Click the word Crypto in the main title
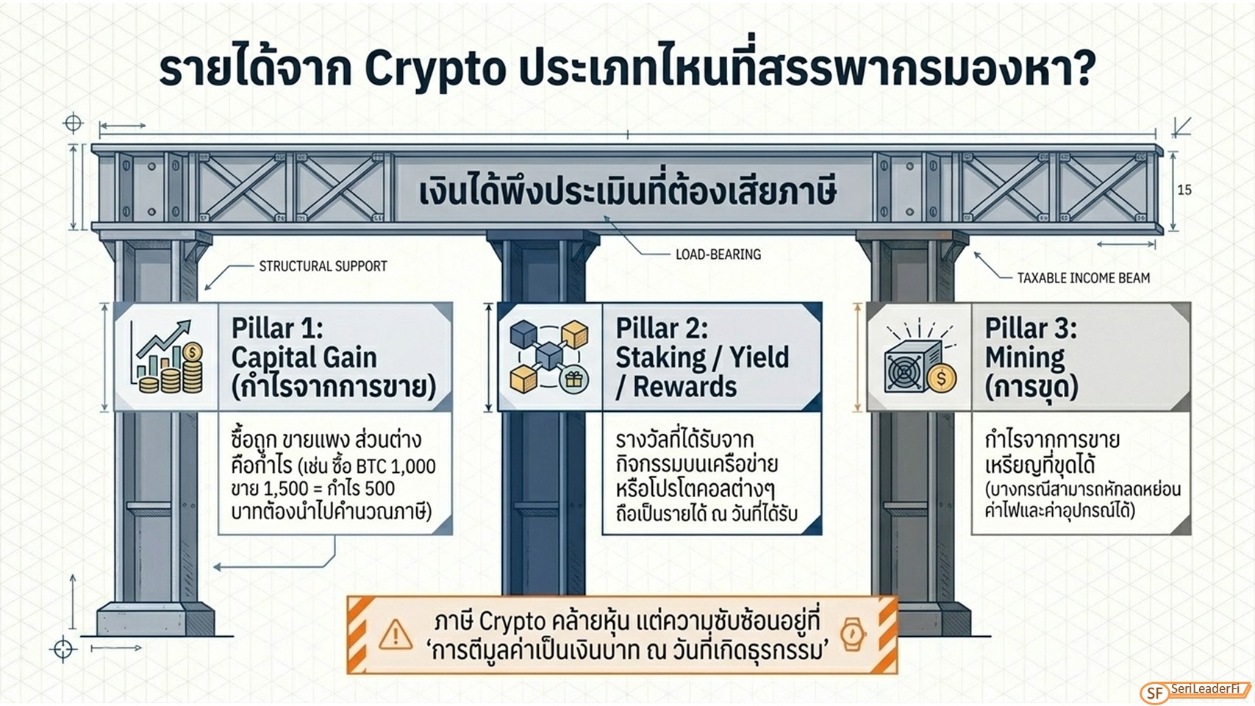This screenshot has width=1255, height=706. [435, 71]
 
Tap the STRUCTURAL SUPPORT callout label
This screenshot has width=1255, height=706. [323, 266]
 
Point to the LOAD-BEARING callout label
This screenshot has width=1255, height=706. [718, 254]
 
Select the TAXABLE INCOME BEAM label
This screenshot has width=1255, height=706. [1083, 278]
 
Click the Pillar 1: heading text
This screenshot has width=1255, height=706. [277, 328]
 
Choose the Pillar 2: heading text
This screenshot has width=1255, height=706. [662, 328]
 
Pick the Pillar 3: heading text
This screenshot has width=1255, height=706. [1031, 328]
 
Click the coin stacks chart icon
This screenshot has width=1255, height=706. [168, 357]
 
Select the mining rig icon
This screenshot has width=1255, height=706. [920, 359]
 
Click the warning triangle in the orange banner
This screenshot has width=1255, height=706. [396, 635]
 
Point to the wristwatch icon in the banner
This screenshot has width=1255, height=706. [853, 634]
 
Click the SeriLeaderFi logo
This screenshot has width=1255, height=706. [1195, 692]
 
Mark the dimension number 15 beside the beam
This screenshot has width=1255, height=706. [1184, 190]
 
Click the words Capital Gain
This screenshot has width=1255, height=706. [304, 357]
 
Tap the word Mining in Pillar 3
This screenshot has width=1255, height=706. [1025, 357]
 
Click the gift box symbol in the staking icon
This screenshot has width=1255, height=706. [573, 380]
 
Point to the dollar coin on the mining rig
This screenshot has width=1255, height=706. [941, 378]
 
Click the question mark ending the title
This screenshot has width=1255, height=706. [1083, 68]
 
